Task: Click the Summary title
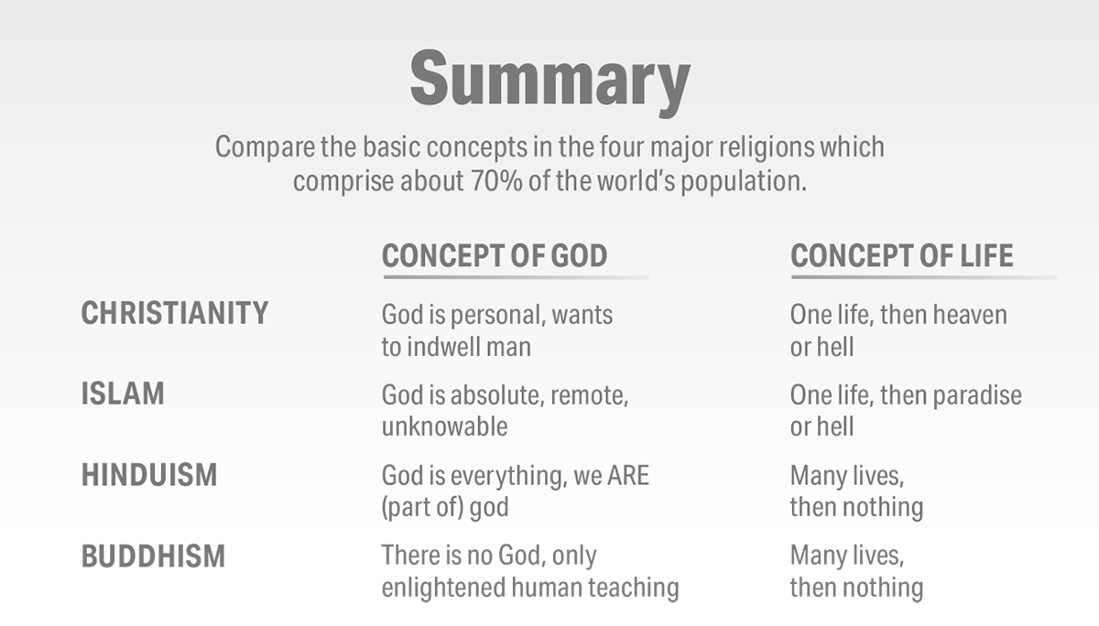pos(550,81)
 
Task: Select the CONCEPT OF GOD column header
pos(495,255)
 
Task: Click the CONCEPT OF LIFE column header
pos(902,255)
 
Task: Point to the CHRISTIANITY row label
pos(175,313)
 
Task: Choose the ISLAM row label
pos(123,394)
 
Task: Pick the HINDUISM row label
pos(149,474)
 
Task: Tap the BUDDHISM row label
pos(153,556)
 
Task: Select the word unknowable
pos(444,426)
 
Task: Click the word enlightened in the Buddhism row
pos(443,588)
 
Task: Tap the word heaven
pos(970,315)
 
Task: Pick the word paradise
pos(977,395)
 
